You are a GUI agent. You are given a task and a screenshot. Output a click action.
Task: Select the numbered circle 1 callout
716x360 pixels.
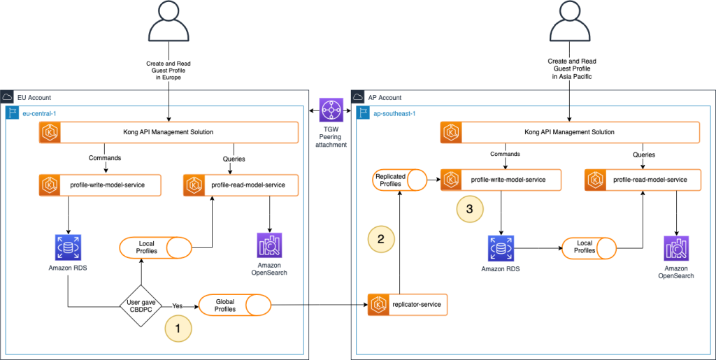click(x=178, y=327)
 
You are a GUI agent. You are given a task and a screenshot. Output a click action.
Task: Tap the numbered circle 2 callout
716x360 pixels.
click(x=380, y=239)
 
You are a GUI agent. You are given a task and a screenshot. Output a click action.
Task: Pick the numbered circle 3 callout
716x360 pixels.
click(x=469, y=208)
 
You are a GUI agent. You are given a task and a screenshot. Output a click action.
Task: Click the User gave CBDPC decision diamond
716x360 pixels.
click(x=142, y=305)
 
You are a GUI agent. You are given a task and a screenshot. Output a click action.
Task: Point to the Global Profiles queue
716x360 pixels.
click(x=235, y=305)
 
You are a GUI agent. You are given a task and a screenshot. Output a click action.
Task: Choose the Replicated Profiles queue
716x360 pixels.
click(x=399, y=180)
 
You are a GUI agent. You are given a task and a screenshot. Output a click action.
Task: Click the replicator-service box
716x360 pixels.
click(x=408, y=305)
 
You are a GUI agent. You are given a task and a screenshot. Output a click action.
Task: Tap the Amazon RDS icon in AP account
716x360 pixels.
click(x=501, y=248)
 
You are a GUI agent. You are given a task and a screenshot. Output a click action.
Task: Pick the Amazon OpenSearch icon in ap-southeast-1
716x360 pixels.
click(x=675, y=248)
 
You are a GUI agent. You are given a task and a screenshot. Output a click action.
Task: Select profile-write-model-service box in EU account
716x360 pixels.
click(x=101, y=185)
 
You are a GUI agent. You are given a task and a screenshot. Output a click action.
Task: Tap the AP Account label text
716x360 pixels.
click(x=385, y=97)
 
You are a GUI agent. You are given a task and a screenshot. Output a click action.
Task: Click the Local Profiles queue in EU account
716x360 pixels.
click(x=155, y=247)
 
